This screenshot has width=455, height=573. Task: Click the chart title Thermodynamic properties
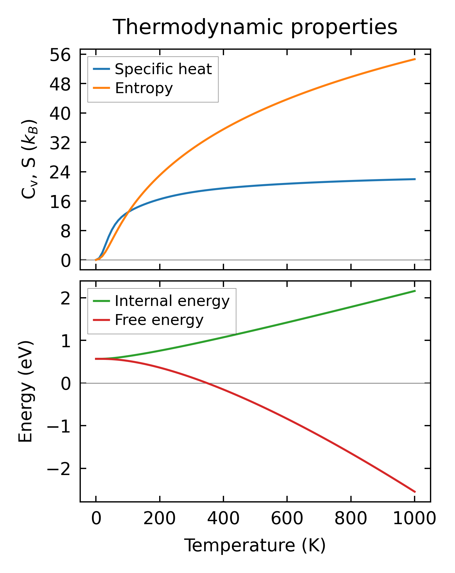pyautogui.click(x=255, y=27)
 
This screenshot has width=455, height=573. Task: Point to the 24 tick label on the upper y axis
pyautogui.click(x=60, y=172)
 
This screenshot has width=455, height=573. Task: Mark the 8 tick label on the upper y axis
pyautogui.click(x=65, y=231)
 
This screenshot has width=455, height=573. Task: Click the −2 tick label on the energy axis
pyautogui.click(x=58, y=469)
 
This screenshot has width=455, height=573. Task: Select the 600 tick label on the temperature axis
pyautogui.click(x=287, y=519)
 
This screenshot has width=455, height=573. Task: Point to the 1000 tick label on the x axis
pyautogui.click(x=415, y=519)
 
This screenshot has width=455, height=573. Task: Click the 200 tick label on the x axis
pyautogui.click(x=160, y=519)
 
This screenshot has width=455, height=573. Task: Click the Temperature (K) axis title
pyautogui.click(x=255, y=546)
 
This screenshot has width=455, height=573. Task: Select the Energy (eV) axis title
pyautogui.click(x=25, y=392)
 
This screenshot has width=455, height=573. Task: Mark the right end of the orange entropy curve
pyautogui.click(x=415, y=59)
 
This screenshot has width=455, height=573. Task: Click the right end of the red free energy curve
pyautogui.click(x=415, y=492)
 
